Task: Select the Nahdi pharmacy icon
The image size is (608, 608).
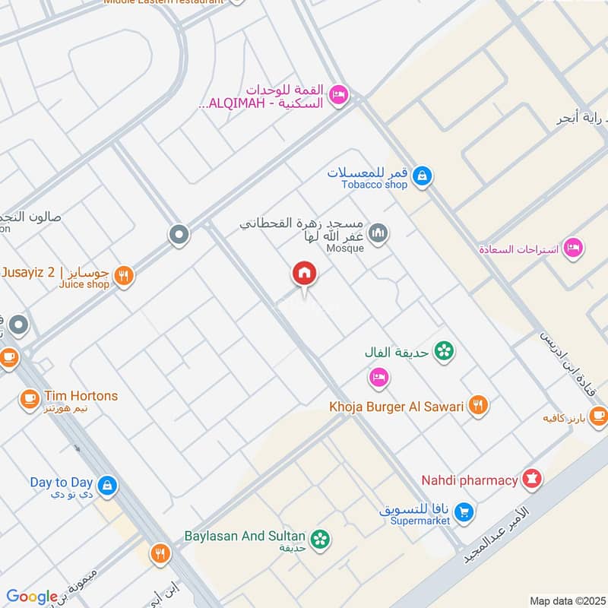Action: (x=531, y=480)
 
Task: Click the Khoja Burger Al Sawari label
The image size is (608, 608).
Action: (x=396, y=407)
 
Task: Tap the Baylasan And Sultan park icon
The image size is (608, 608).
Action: (x=322, y=538)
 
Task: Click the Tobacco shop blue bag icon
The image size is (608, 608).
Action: (x=423, y=177)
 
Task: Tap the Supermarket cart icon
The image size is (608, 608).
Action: (x=465, y=513)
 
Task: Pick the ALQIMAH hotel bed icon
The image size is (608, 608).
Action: (x=339, y=94)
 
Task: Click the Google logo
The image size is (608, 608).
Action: (x=32, y=597)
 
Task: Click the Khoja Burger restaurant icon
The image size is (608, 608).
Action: (x=477, y=406)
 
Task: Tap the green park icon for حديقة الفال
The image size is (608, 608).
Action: (x=444, y=351)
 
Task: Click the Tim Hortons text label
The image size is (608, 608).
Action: (x=81, y=396)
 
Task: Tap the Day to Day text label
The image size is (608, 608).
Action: (x=62, y=482)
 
